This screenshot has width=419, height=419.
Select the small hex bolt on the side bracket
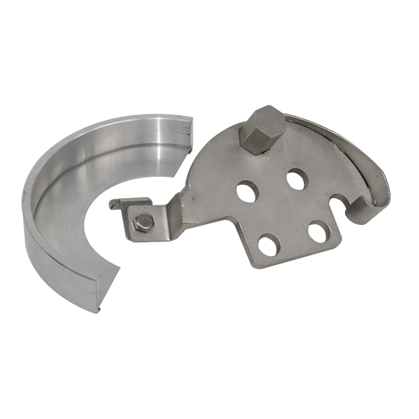click(142, 221)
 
